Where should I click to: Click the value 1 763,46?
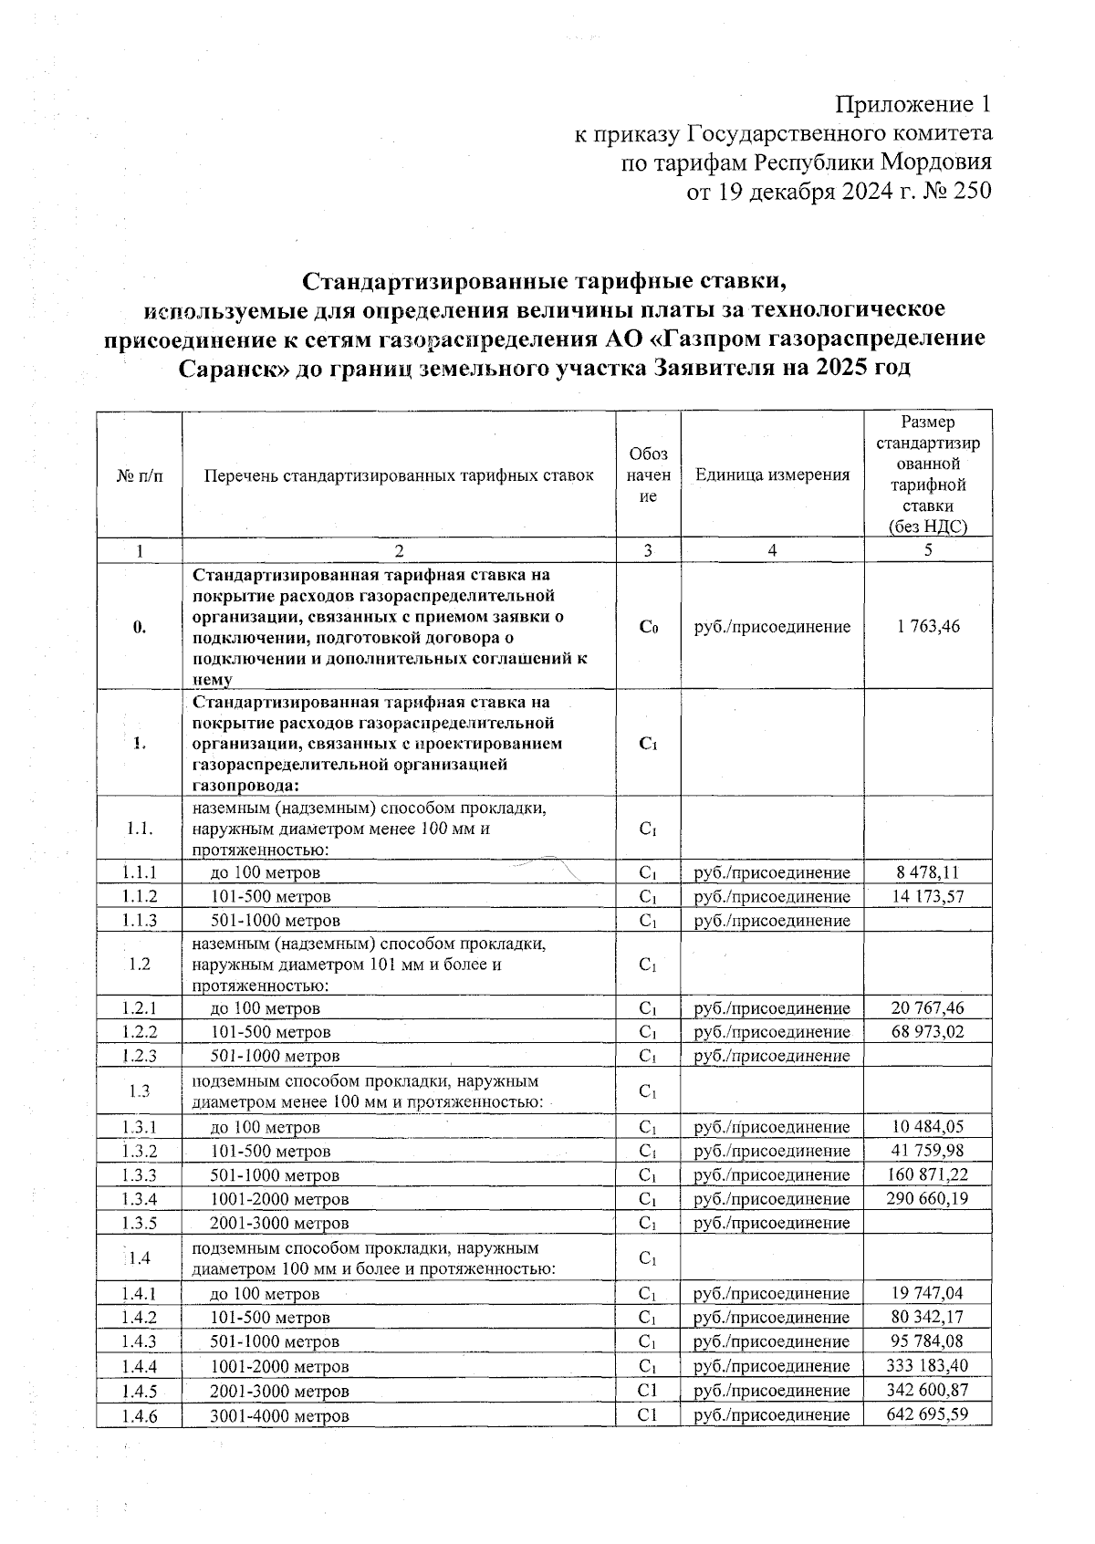(x=927, y=626)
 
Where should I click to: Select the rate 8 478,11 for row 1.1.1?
(x=927, y=872)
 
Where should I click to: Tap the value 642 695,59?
(x=927, y=1414)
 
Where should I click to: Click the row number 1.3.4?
(x=140, y=1198)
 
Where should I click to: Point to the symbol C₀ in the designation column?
(x=648, y=627)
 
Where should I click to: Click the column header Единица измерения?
(x=772, y=475)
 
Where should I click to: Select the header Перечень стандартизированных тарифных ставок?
(x=399, y=475)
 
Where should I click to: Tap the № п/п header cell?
(x=140, y=475)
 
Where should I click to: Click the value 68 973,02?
(x=927, y=1031)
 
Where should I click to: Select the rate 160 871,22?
(x=927, y=1174)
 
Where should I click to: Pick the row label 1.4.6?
(x=140, y=1416)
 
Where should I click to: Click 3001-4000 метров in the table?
(x=279, y=1416)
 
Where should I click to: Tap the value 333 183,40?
(x=927, y=1365)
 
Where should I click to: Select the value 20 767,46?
(x=927, y=1007)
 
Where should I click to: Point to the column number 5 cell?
(x=927, y=549)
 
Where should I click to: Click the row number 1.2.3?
(x=140, y=1056)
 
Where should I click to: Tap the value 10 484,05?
(x=927, y=1126)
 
